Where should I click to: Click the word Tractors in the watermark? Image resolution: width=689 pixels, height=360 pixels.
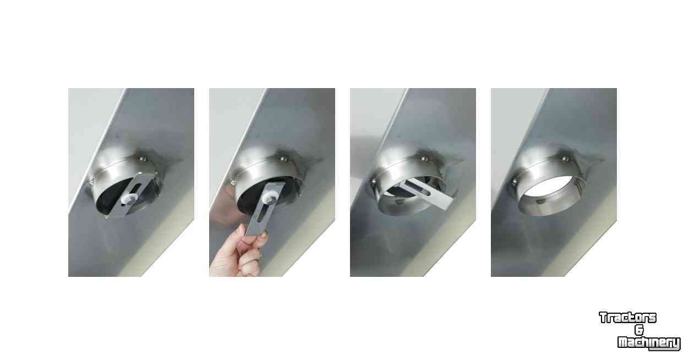628,318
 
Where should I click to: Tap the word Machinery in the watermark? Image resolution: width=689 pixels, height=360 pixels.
649,342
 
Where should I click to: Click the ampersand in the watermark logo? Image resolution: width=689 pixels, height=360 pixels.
639,330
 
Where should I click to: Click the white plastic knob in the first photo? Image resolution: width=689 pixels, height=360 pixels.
129,199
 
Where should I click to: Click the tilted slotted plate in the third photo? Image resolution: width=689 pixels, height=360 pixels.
426,195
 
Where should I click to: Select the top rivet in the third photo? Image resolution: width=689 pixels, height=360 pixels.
424,159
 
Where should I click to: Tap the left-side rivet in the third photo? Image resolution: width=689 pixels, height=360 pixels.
373,182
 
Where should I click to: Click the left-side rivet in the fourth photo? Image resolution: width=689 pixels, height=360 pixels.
514,182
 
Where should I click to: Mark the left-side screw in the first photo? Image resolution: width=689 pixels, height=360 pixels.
91,182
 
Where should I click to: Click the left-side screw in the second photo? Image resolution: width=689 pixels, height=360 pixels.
233,182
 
